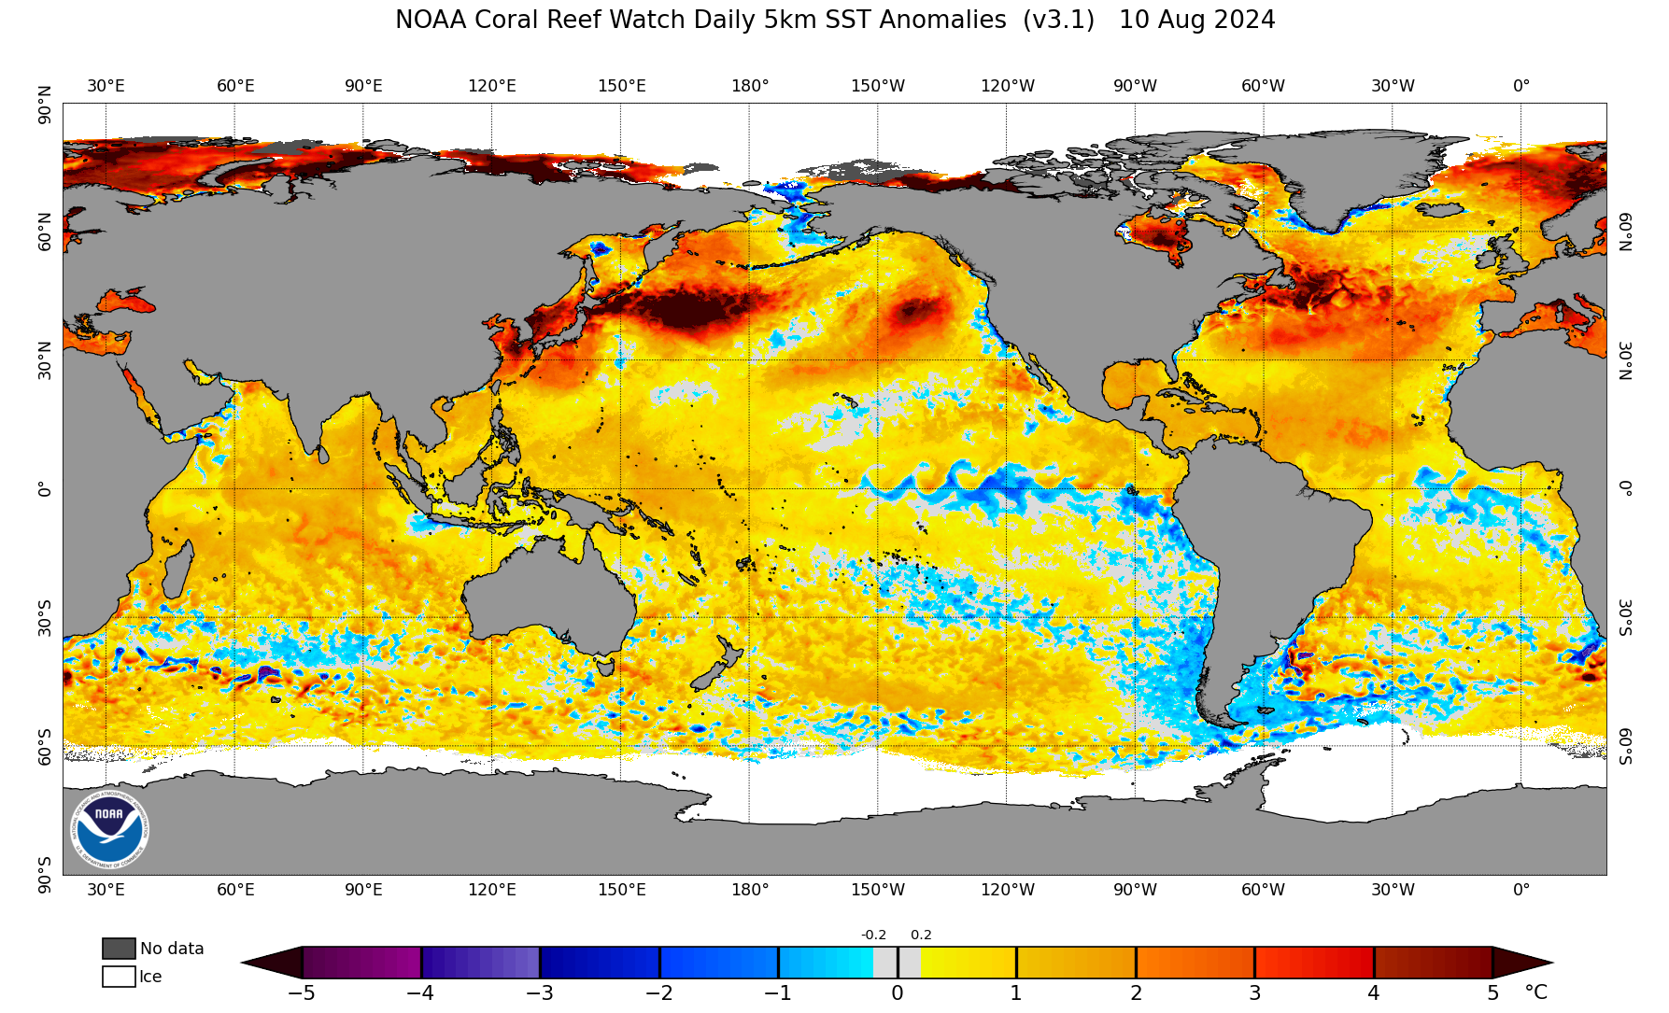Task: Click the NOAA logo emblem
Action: tap(110, 828)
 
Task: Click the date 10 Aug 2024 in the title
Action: tap(1196, 20)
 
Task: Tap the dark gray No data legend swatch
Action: tap(119, 949)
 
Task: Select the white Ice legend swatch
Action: tap(119, 977)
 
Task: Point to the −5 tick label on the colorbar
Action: tap(301, 993)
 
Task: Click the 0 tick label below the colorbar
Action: tap(898, 993)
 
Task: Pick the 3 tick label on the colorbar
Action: tap(1255, 993)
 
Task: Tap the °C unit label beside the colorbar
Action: tap(1536, 992)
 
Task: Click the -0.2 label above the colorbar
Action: tap(873, 935)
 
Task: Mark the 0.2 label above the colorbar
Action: tap(921, 935)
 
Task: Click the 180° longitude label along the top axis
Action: tap(750, 86)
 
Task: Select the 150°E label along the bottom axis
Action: tap(622, 890)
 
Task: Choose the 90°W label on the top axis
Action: tap(1135, 86)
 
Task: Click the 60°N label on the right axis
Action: tap(1625, 232)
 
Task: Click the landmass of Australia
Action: tap(551, 598)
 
